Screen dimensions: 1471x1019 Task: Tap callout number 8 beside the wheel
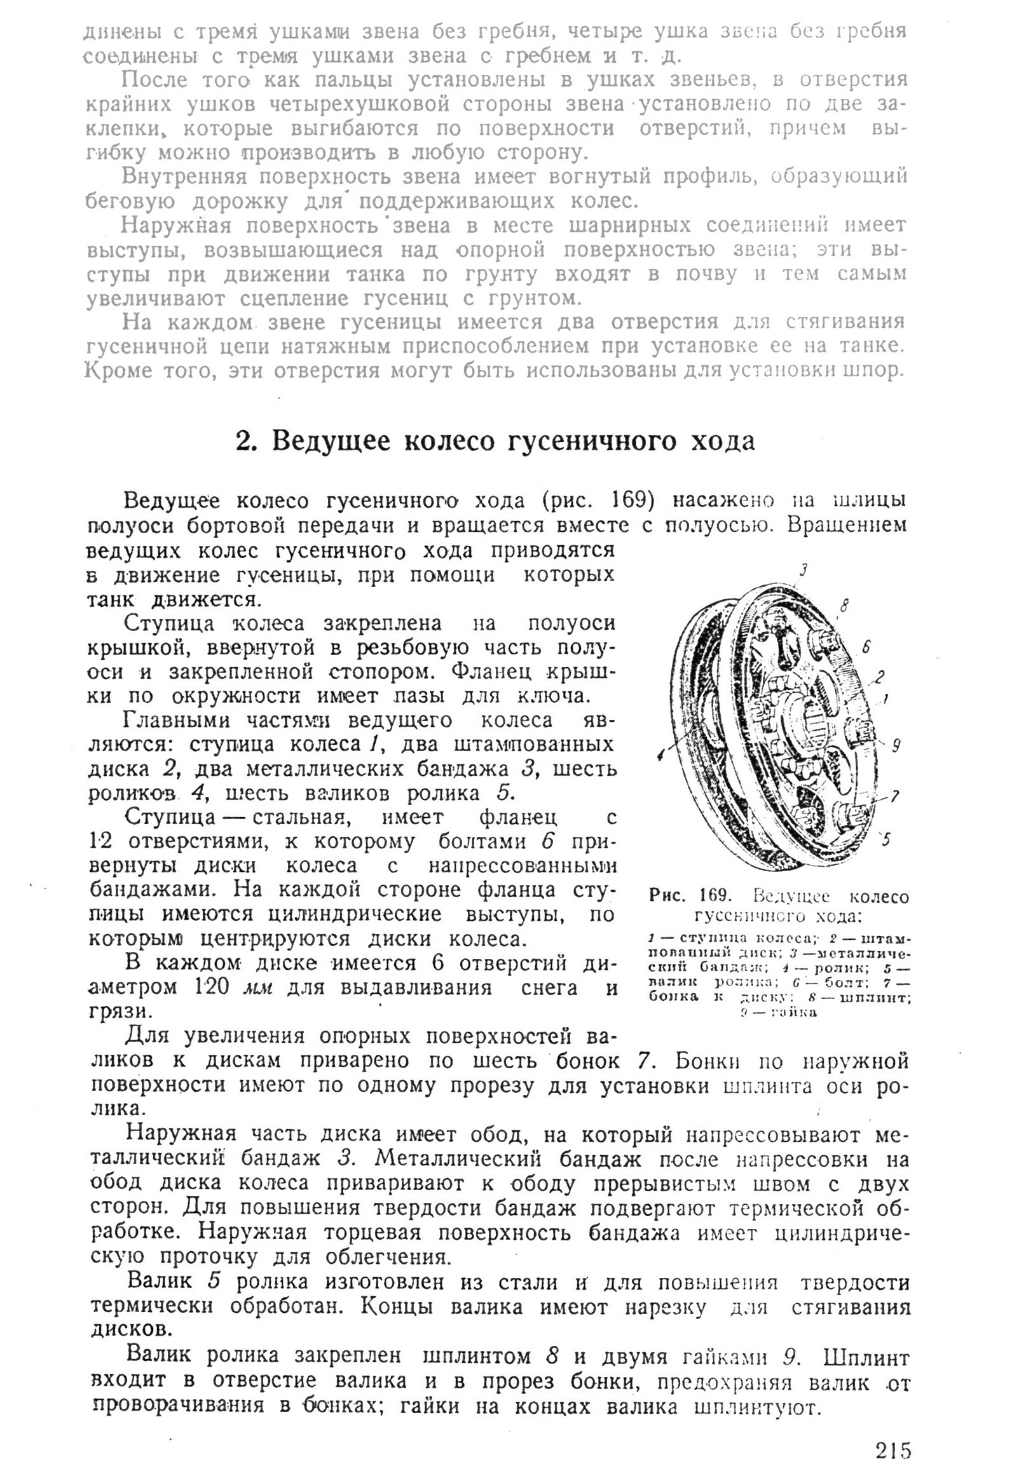click(x=844, y=607)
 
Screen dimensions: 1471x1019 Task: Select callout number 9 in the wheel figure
click(x=896, y=746)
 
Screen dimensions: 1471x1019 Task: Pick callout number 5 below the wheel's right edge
click(x=886, y=841)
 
